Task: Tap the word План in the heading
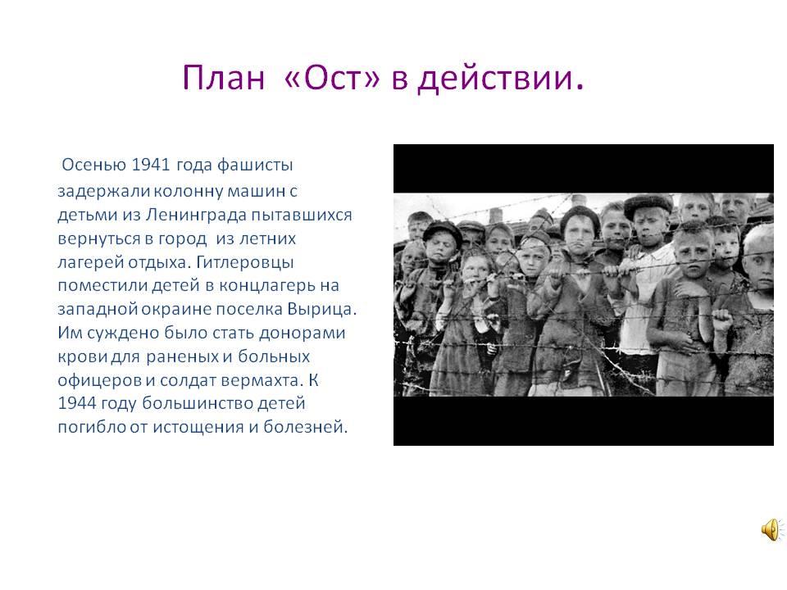pyautogui.click(x=223, y=78)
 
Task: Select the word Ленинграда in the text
pyautogui.click(x=196, y=215)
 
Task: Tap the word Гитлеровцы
pyautogui.click(x=244, y=262)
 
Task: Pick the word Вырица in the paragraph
pyautogui.click(x=321, y=309)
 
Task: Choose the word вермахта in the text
pyautogui.click(x=262, y=380)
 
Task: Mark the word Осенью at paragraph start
pyautogui.click(x=93, y=165)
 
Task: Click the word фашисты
pyautogui.click(x=255, y=165)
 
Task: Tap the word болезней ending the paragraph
pyautogui.click(x=305, y=427)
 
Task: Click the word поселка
pyautogui.click(x=249, y=309)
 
